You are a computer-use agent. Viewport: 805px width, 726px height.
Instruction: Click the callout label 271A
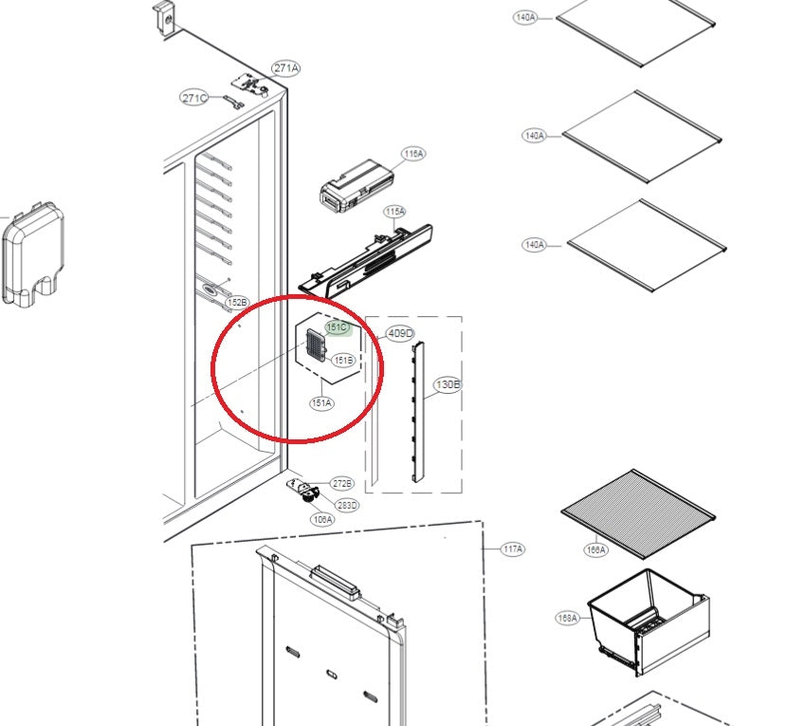pos(286,67)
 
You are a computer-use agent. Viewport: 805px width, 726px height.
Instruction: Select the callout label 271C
pos(195,98)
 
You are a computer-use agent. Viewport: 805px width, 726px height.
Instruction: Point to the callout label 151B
pos(343,360)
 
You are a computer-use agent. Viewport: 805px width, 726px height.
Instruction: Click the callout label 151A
pos(321,403)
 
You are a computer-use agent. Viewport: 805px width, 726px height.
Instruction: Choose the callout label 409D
pos(400,333)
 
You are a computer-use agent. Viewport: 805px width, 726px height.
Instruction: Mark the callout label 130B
pos(448,384)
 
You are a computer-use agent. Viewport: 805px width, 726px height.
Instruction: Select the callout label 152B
pos(237,302)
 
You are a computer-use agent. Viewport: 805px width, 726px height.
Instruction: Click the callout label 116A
pos(412,154)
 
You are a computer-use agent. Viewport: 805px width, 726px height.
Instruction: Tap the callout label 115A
pos(394,211)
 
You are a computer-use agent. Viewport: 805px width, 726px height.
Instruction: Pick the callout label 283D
pos(348,505)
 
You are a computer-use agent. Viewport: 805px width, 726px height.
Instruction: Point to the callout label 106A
pos(322,519)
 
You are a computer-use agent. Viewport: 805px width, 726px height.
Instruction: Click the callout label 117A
pos(513,549)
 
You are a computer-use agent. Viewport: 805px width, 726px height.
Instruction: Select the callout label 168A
pos(567,618)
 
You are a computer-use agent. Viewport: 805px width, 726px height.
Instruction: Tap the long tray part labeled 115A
pos(365,259)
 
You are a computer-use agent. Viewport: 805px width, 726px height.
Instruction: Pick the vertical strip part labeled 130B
pos(418,414)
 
